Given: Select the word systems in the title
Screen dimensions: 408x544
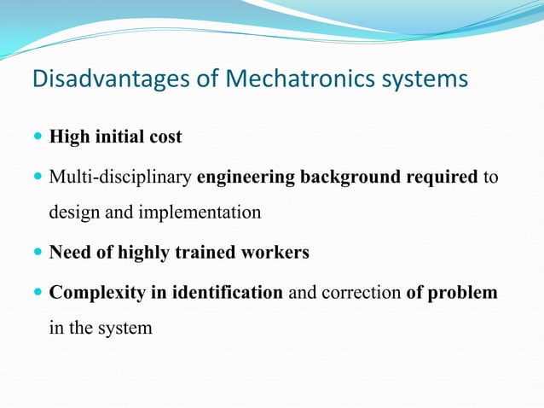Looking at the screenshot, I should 423,79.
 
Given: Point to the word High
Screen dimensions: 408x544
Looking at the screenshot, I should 69,137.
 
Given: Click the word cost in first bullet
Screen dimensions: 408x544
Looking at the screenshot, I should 165,137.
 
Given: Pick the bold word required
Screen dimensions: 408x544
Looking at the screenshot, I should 443,178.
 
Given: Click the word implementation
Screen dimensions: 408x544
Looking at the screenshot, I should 202,212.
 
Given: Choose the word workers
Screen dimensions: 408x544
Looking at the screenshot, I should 277,254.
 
